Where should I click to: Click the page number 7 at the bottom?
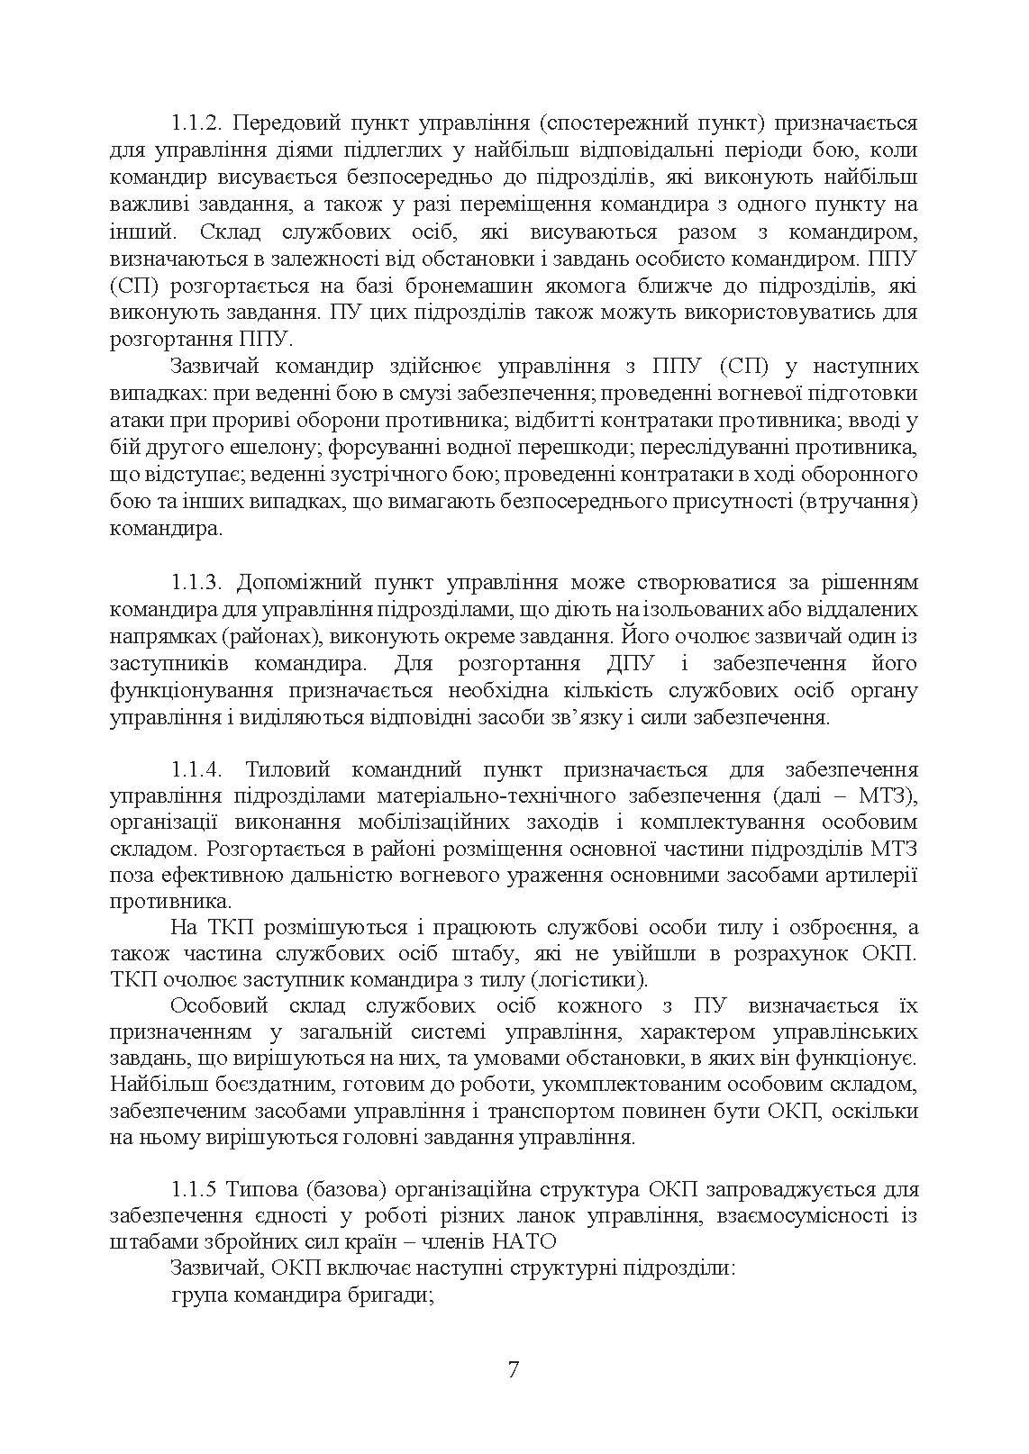click(x=514, y=1370)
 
